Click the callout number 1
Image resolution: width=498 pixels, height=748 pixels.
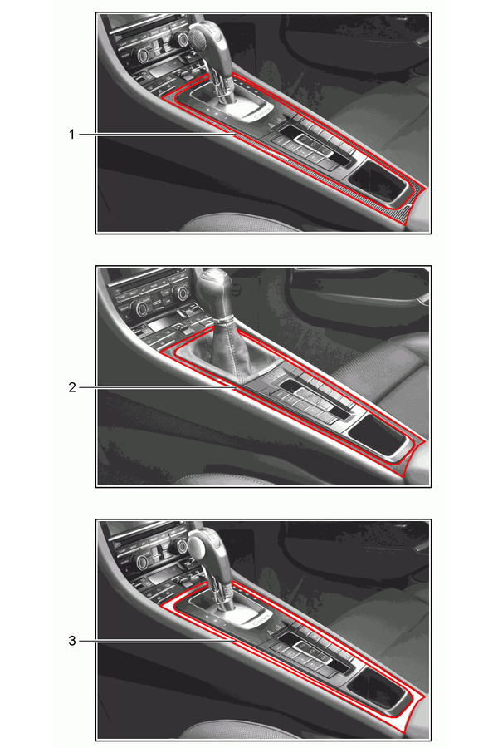tap(72, 135)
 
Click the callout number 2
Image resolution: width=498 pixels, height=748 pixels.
tap(72, 387)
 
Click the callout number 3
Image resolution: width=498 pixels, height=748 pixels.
tap(72, 641)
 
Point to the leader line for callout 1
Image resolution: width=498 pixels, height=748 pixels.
tap(157, 135)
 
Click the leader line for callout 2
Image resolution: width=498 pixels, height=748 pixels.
tap(157, 387)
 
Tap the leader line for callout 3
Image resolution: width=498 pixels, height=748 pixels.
tap(157, 641)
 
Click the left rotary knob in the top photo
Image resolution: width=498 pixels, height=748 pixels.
tap(144, 57)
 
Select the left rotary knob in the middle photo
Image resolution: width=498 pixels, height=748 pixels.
tap(142, 308)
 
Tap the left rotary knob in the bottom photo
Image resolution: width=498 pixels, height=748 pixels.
tap(142, 562)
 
